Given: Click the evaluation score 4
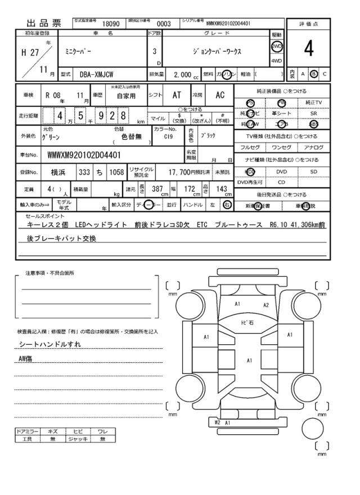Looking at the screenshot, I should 309,49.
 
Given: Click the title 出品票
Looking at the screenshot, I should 43,24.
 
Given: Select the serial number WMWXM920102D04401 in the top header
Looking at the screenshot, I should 228,24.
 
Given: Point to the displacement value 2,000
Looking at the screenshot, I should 183,74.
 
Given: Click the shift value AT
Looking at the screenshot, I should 177,95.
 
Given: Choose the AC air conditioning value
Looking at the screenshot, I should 220,95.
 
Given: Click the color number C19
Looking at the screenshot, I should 169,136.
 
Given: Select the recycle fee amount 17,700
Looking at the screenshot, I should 181,172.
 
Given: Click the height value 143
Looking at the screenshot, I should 222,190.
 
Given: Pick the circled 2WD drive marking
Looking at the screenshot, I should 277,46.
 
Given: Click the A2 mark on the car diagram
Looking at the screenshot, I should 266,305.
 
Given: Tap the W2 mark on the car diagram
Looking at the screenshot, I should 217,421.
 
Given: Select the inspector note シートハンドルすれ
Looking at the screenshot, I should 51,344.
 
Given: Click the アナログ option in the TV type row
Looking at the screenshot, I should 313,147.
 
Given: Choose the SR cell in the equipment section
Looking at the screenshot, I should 313,113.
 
